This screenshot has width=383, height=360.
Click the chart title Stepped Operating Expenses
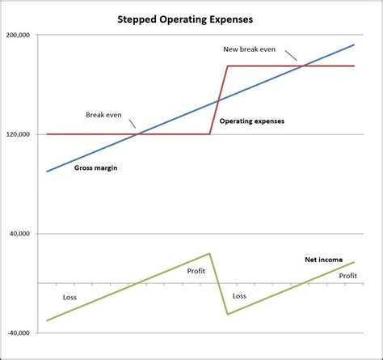click(192, 17)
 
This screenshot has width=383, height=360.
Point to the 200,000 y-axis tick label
click(18, 36)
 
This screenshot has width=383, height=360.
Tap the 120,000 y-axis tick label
click(18, 134)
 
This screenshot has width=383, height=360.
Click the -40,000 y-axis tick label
click(18, 332)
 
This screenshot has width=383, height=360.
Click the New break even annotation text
click(250, 49)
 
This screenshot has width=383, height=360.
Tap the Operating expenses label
click(252, 121)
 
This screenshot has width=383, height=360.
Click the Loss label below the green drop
click(239, 296)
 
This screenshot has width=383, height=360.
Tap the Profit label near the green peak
click(196, 271)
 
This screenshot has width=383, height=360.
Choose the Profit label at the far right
click(347, 276)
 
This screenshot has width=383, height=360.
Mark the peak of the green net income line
click(210, 253)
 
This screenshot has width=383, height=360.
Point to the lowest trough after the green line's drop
click(228, 314)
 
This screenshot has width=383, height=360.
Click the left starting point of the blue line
click(47, 172)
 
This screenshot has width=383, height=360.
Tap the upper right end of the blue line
click(354, 45)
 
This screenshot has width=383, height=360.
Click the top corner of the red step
click(228, 66)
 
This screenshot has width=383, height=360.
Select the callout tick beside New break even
click(293, 57)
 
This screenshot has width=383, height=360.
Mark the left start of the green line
click(47, 321)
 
